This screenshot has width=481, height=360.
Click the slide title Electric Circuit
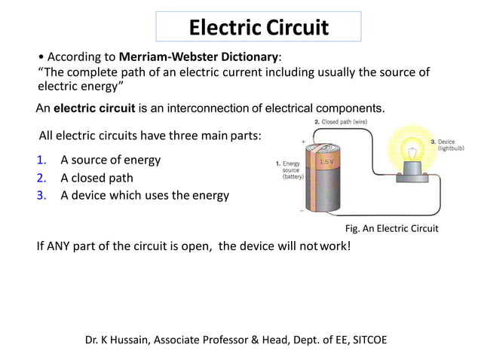(258, 28)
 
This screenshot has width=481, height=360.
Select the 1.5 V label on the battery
(328, 162)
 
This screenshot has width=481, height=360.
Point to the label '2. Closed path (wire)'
(345, 121)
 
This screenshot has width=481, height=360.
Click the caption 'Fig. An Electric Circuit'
(391, 228)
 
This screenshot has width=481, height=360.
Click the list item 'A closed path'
(97, 178)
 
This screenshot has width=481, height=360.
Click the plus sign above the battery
(304, 141)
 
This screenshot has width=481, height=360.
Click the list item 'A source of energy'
(110, 160)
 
